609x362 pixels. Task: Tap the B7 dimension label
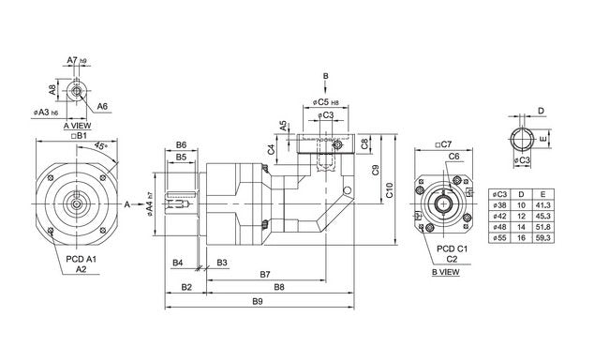pyautogui.click(x=265, y=274)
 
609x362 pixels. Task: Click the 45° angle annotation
pyautogui.click(x=99, y=147)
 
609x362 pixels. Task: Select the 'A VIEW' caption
pyautogui.click(x=79, y=125)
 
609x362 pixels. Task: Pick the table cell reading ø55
pyautogui.click(x=499, y=238)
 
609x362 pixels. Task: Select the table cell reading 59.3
pyautogui.click(x=542, y=238)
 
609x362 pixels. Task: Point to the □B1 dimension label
pyautogui.click(x=80, y=135)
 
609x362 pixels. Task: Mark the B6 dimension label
pyautogui.click(x=182, y=145)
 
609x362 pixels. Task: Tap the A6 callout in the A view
pyautogui.click(x=102, y=106)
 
